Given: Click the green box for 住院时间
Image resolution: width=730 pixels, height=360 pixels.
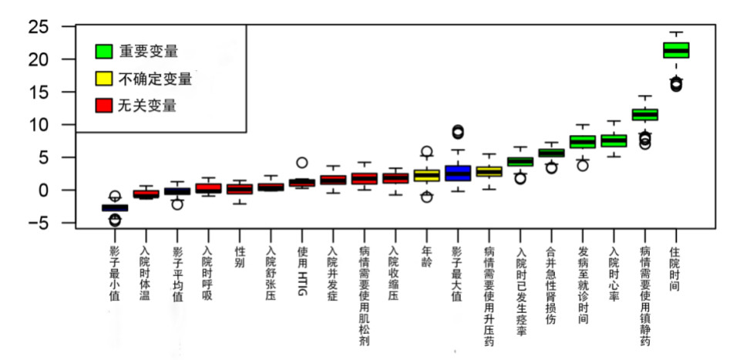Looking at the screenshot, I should click(676, 50).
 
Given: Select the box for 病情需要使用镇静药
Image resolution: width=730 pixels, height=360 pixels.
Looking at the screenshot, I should click(644, 114).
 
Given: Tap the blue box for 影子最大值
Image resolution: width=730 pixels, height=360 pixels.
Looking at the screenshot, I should click(458, 173).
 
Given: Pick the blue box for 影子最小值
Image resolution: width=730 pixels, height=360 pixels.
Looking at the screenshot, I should click(115, 207).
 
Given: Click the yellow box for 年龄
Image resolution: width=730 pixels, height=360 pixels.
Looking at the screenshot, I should click(426, 175).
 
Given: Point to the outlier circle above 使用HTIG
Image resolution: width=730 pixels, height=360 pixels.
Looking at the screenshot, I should click(302, 163).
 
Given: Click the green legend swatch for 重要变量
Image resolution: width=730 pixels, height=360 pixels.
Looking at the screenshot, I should click(104, 52).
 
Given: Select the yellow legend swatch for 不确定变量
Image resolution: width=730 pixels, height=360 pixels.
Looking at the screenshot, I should click(104, 79).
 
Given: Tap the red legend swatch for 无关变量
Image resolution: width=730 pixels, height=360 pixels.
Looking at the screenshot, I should click(104, 106).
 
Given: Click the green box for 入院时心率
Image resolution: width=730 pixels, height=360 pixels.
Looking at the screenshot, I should click(614, 140).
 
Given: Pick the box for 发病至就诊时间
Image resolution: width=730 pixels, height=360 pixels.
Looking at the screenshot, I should click(582, 142).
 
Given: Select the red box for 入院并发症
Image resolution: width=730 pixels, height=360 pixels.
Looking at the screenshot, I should click(333, 180).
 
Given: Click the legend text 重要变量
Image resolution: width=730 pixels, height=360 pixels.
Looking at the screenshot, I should click(149, 52).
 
